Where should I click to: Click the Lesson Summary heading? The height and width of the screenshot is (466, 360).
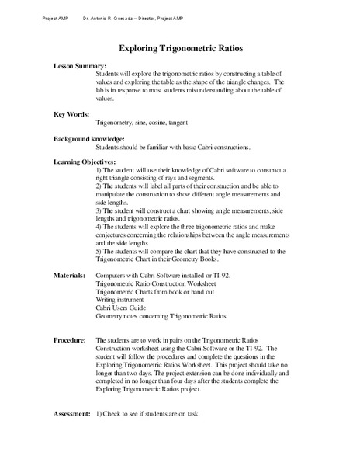tap(79, 68)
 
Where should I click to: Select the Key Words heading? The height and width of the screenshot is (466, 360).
tap(71, 113)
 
